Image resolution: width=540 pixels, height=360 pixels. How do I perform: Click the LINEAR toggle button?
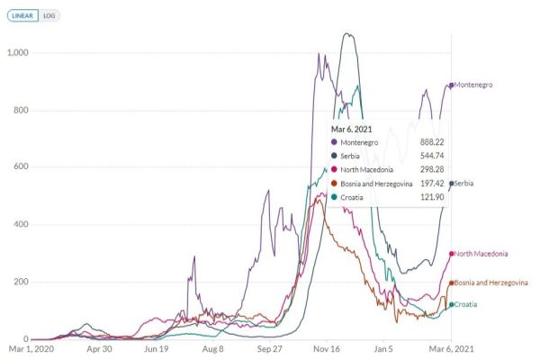pos(21,16)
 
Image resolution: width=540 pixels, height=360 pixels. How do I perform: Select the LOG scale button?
pos(49,16)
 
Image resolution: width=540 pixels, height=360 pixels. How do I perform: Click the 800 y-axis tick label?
pos(21,110)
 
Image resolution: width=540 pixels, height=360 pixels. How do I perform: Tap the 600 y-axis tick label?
pos(21,166)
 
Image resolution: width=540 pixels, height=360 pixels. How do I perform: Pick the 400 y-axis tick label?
pos(21,224)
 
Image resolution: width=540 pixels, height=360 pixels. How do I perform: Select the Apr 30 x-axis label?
pos(98,348)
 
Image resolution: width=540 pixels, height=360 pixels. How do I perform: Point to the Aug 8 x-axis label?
pos(213,348)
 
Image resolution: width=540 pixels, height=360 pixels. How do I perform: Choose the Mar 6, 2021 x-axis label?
pos(450,348)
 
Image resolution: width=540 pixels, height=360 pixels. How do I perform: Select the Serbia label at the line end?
pos(464,184)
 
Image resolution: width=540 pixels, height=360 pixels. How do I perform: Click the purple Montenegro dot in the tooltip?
pos(336,142)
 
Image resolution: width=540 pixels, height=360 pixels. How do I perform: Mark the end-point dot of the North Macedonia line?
pos(451,254)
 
